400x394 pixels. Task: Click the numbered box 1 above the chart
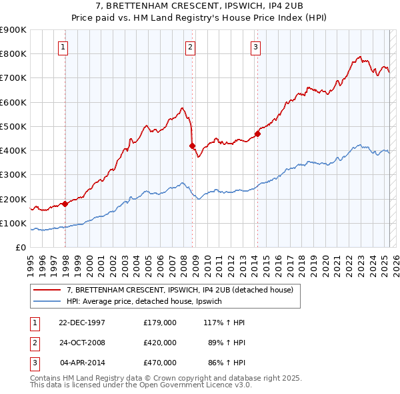pos(62,47)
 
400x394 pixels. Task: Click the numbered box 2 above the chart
pos(191,47)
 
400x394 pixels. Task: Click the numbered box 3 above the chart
pos(255,47)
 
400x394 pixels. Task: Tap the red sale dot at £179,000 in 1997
pos(65,204)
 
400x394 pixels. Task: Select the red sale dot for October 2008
pos(193,146)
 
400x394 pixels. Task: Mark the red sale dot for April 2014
pos(257,134)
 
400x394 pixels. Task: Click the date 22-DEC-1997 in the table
pos(82,323)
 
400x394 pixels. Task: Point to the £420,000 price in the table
pos(160,343)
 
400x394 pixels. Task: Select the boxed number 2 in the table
pos(34,343)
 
